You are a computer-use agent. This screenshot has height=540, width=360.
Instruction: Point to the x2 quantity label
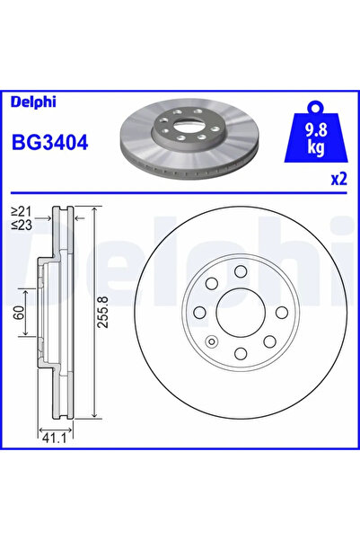pyautogui.click(x=338, y=179)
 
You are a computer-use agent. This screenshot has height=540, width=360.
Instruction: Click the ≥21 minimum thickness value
pyautogui.click(x=22, y=211)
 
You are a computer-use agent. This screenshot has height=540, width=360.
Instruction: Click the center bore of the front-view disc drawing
pyautogui.click(x=239, y=312)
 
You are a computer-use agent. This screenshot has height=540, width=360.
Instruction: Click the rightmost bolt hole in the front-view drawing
pyautogui.click(x=281, y=312)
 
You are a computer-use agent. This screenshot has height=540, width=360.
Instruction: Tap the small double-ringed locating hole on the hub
pyautogui.click(x=210, y=341)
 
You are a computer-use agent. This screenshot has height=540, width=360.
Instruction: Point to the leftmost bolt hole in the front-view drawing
pyautogui.click(x=198, y=312)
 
